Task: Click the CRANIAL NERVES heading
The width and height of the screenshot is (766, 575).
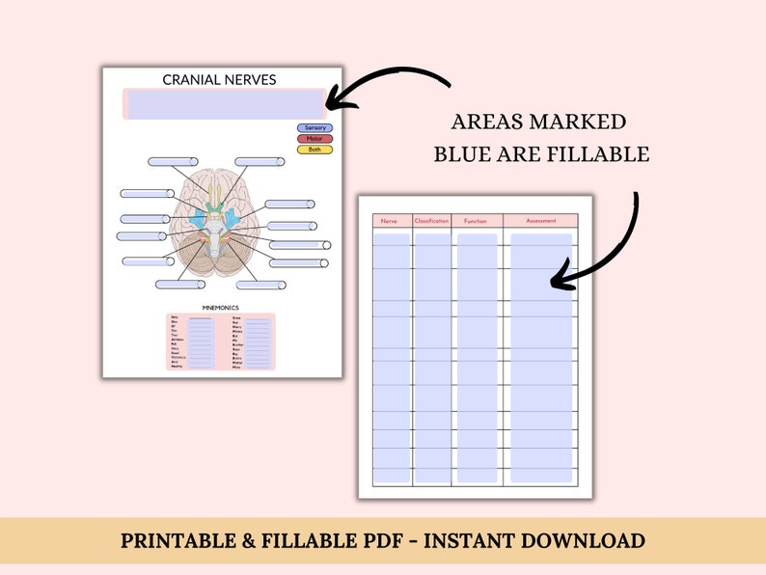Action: pos(220,79)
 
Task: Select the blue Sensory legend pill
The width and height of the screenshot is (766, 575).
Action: pos(315,127)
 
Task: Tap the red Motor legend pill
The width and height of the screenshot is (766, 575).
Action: pos(315,138)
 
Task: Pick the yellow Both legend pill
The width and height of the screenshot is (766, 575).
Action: pos(315,150)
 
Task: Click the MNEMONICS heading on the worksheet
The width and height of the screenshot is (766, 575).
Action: pos(221,308)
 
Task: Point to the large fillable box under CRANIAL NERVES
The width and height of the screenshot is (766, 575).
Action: pos(224,104)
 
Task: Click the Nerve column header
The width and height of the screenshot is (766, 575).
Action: pos(390,221)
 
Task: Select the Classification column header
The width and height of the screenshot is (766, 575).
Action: pos(432,221)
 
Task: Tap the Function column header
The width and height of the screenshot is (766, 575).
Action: pos(476,221)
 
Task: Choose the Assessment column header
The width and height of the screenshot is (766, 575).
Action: pos(541,221)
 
